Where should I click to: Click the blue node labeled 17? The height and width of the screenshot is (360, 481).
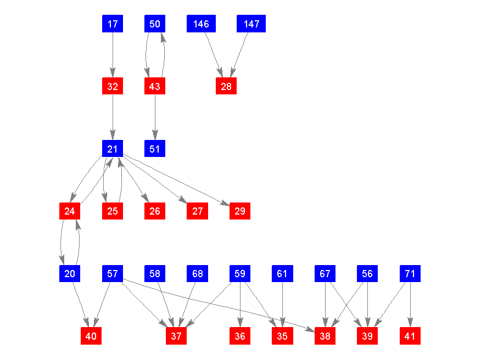pyautogui.click(x=113, y=24)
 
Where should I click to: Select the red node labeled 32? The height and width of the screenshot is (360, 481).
pyautogui.click(x=113, y=86)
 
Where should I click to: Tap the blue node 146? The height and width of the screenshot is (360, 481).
pyautogui.click(x=201, y=24)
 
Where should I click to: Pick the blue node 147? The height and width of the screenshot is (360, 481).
pyautogui.click(x=251, y=24)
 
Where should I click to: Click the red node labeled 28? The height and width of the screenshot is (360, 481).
pyautogui.click(x=226, y=86)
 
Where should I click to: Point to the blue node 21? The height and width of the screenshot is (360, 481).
pyautogui.click(x=113, y=149)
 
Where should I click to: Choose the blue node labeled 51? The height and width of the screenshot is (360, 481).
pyautogui.click(x=155, y=149)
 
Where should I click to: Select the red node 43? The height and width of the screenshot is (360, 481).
pyautogui.click(x=155, y=86)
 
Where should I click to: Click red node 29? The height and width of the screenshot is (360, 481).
pyautogui.click(x=240, y=211)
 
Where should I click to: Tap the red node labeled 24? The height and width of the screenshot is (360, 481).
pyautogui.click(x=70, y=211)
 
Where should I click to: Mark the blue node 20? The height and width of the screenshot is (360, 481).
pyautogui.click(x=70, y=273)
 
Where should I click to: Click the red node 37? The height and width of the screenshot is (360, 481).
pyautogui.click(x=176, y=336)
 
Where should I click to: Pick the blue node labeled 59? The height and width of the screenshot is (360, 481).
pyautogui.click(x=240, y=273)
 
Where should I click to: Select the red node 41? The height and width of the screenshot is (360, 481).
pyautogui.click(x=410, y=336)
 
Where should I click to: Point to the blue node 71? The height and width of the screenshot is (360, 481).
pyautogui.click(x=410, y=273)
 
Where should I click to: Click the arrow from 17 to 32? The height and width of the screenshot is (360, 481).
pyautogui.click(x=113, y=55)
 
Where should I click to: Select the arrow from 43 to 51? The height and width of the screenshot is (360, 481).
pyautogui.click(x=155, y=117)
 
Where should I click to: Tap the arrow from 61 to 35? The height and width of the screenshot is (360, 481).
pyautogui.click(x=282, y=305)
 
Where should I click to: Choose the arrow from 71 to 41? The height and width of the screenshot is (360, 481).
pyautogui.click(x=410, y=305)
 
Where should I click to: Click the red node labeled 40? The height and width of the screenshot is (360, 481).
pyautogui.click(x=91, y=336)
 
